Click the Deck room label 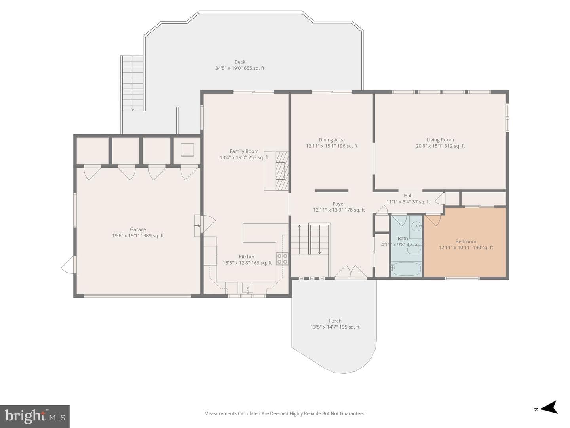coord(240,62)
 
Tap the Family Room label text coord(244,151)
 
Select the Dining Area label coord(332,140)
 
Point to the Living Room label coord(441,140)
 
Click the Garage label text coord(138,229)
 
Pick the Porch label coord(335,321)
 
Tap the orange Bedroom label coord(466,241)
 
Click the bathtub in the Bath coord(406,269)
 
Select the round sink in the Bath coord(416,226)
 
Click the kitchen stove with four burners coord(282,258)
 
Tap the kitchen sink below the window coord(247,288)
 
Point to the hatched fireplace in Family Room coord(282,171)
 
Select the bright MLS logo coord(35,416)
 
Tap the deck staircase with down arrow coord(133,83)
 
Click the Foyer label coord(339,204)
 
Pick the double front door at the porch coord(351,272)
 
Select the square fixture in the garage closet coord(187,150)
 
